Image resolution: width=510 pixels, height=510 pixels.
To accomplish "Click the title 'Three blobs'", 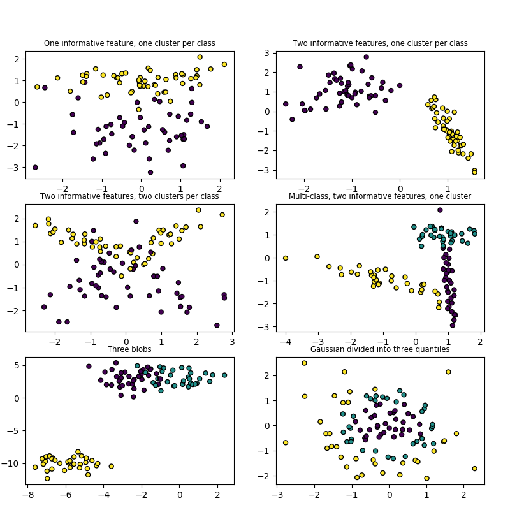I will pyautogui.click(x=129, y=349).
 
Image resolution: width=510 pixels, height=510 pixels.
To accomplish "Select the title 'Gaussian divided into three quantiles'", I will pyautogui.click(x=380, y=349).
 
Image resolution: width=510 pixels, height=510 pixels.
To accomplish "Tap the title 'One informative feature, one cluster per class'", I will pyautogui.click(x=129, y=43).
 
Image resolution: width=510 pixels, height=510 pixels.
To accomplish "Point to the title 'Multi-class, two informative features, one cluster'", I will pyautogui.click(x=380, y=196).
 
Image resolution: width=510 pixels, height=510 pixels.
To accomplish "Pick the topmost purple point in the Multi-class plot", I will pyautogui.click(x=440, y=210).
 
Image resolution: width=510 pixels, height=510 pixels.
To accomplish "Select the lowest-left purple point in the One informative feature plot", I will pyautogui.click(x=35, y=168).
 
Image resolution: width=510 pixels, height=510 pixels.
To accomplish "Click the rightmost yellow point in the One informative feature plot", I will pyautogui.click(x=224, y=64).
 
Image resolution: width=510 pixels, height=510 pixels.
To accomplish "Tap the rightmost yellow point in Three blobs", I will pyautogui.click(x=111, y=467).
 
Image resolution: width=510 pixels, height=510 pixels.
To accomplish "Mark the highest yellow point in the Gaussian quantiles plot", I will pyautogui.click(x=304, y=363).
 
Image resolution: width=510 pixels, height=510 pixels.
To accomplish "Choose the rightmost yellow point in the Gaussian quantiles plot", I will pyautogui.click(x=475, y=469).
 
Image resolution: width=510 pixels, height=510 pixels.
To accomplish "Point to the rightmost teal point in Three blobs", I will pyautogui.click(x=224, y=375).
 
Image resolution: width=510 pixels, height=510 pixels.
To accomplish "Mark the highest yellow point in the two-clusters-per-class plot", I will pyautogui.click(x=198, y=210).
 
